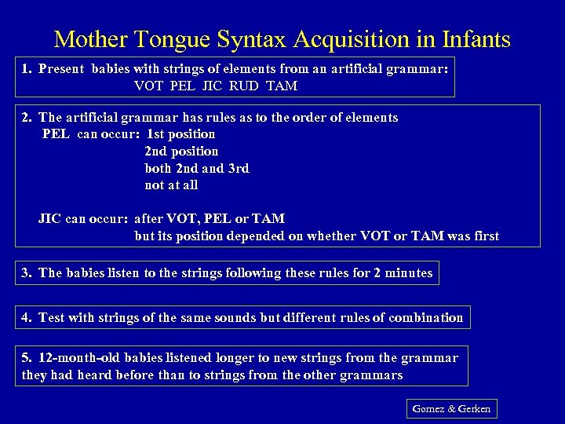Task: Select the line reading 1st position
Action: pos(180,134)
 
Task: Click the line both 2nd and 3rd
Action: pos(197,168)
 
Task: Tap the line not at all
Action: pos(171,185)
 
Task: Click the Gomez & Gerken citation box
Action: pos(451,409)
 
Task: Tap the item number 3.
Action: pos(26,272)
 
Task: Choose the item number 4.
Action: pos(26,317)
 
